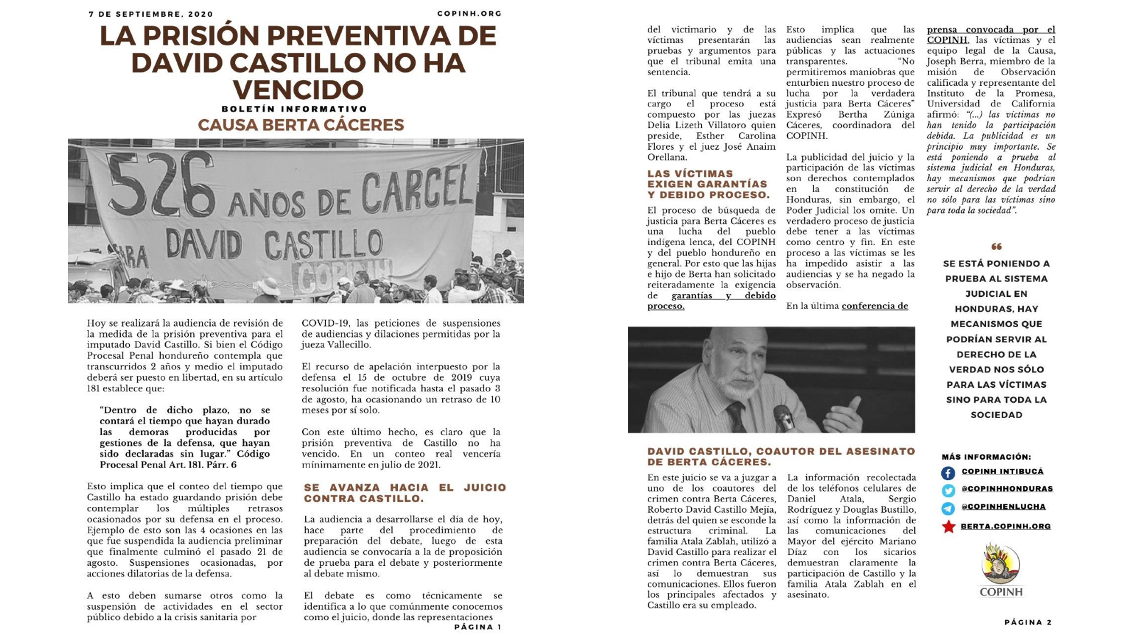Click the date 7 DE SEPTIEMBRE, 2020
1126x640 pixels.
click(150, 14)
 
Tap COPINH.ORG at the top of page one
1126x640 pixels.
click(469, 14)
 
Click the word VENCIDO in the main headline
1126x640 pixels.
click(298, 89)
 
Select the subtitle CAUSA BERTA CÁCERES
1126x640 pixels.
click(301, 125)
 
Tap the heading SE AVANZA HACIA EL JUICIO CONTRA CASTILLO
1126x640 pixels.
click(404, 493)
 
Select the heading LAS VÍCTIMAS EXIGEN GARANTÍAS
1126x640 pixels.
click(708, 184)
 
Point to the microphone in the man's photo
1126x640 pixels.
click(784, 416)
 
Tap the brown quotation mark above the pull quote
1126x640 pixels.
click(996, 246)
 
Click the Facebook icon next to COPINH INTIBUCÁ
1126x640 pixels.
click(948, 473)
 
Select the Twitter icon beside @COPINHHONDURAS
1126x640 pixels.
click(948, 491)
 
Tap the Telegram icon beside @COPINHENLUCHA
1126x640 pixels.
click(948, 508)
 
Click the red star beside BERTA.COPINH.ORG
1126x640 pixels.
click(948, 526)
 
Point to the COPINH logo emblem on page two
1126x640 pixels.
click(1000, 564)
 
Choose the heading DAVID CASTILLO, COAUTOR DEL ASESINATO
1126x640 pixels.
click(781, 456)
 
